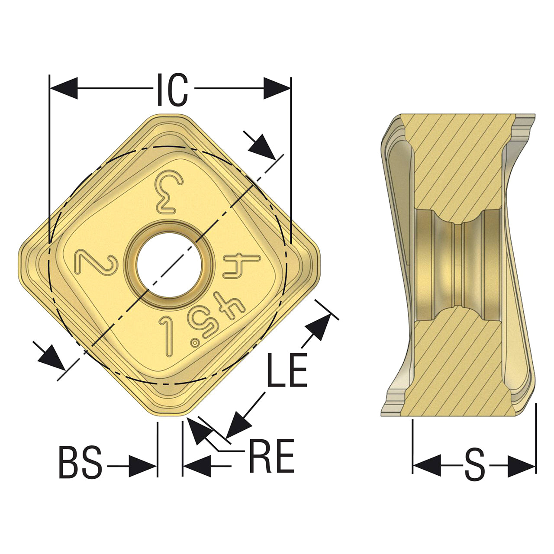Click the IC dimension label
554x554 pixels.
pos(173,90)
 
